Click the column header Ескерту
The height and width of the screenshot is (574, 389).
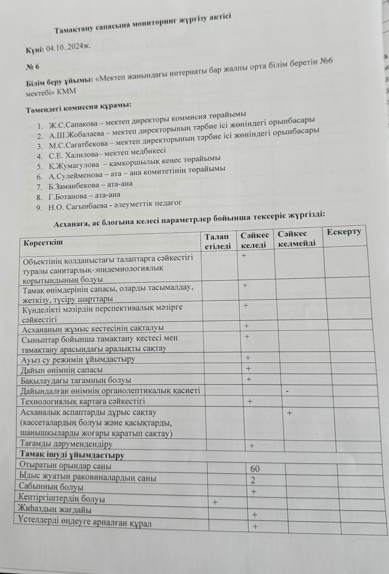[x=344, y=232]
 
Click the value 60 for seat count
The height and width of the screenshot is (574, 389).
[x=255, y=469]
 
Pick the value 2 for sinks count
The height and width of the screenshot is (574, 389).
[x=253, y=480]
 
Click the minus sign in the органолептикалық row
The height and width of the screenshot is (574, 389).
[x=287, y=391]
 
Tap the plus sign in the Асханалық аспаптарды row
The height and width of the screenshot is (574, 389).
[x=289, y=413]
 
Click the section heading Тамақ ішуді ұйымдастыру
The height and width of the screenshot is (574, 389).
[x=72, y=455]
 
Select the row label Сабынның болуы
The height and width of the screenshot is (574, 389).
[x=51, y=487]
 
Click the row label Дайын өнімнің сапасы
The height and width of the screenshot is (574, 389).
[x=62, y=370]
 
